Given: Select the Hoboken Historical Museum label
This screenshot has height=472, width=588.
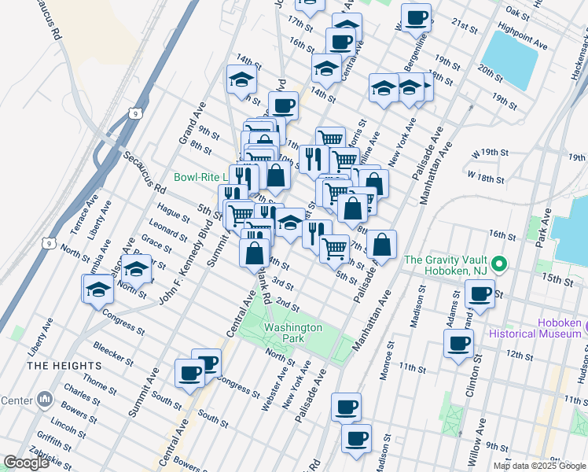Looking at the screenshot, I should pos(560,328).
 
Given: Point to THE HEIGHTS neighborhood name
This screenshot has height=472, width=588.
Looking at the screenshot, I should pos(64,367).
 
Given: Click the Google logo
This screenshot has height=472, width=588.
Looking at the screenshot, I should pos(26,463).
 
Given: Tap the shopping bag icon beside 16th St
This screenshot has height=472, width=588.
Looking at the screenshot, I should pos(381,244).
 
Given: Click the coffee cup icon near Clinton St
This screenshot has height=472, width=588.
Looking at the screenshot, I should pos(459,342).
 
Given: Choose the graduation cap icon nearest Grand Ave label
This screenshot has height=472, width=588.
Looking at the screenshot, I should pos(242,79).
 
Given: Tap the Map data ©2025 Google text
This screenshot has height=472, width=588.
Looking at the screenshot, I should pos(539,466).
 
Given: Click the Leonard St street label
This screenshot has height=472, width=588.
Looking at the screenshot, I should pos(164,229).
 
